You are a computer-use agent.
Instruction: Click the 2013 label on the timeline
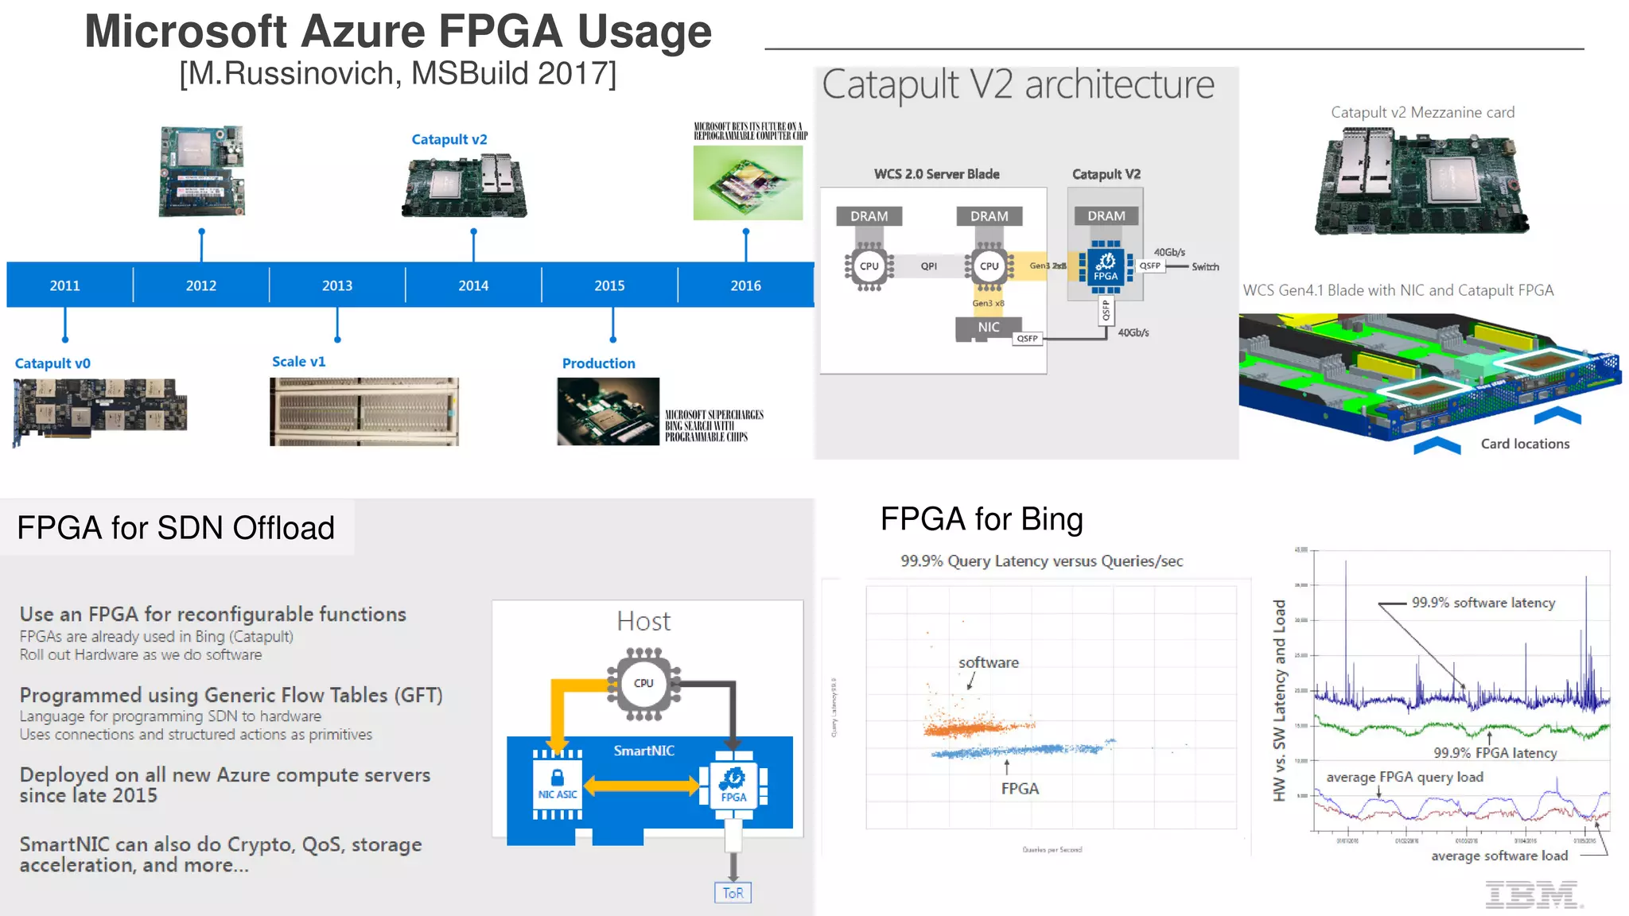click(x=337, y=285)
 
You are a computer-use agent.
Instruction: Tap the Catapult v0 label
click(x=52, y=363)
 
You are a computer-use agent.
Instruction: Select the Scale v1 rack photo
click(x=364, y=411)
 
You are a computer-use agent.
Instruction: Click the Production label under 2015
click(x=598, y=363)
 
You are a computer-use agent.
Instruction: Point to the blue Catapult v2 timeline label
click(x=449, y=139)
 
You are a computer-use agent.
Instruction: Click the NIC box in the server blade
click(x=989, y=328)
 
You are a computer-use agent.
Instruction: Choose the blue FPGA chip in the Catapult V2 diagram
click(x=1106, y=266)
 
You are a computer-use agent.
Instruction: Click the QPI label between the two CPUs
click(x=928, y=266)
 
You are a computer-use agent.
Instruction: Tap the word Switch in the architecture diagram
click(x=1205, y=267)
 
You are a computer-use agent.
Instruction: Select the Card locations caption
click(x=1525, y=444)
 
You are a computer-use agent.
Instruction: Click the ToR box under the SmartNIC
click(x=733, y=893)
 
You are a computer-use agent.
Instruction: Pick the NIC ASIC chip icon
click(x=558, y=784)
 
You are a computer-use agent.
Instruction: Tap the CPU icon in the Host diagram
click(x=643, y=683)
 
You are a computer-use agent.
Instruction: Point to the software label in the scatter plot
click(x=988, y=662)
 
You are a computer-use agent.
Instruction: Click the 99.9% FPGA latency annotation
click(x=1495, y=752)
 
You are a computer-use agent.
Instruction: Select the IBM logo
click(x=1532, y=895)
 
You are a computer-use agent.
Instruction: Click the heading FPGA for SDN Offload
click(x=176, y=528)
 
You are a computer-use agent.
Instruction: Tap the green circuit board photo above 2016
click(x=748, y=183)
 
